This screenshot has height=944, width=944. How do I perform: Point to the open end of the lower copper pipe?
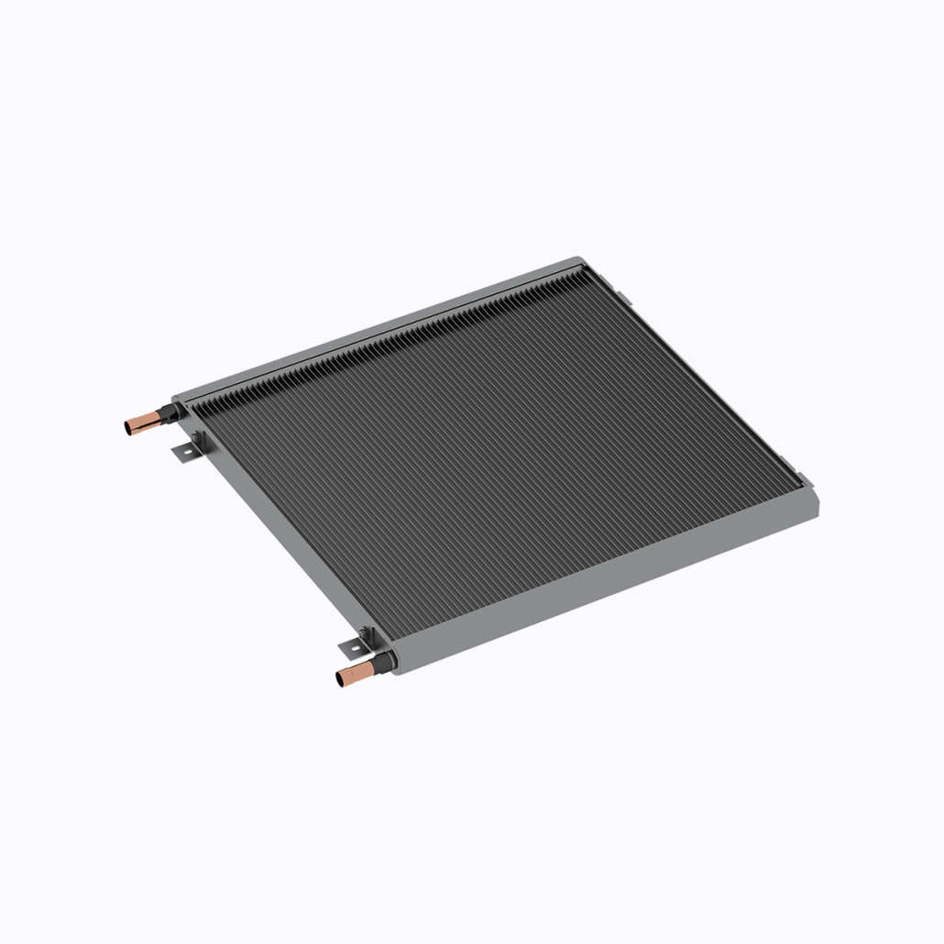pyautogui.click(x=341, y=679)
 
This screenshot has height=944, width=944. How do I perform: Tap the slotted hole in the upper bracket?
pyautogui.click(x=181, y=452)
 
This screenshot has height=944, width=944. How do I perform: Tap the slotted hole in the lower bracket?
pyautogui.click(x=349, y=648)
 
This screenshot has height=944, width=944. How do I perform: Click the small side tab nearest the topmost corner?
pyautogui.click(x=620, y=298)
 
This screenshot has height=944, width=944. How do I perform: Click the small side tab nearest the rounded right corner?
pyautogui.click(x=799, y=477)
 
